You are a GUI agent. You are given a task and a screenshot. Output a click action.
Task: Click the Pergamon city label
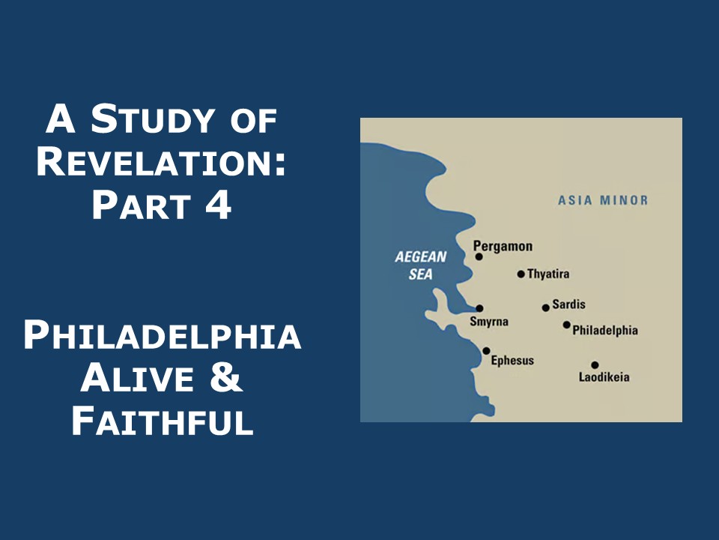pos(503,246)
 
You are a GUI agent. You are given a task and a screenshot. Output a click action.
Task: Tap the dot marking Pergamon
pos(479,256)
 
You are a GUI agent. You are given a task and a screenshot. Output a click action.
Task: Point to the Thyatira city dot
pos(521,274)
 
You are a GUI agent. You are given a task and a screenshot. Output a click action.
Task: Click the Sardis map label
pos(568,305)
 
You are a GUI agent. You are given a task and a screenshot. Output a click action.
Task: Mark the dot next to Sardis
pos(546,307)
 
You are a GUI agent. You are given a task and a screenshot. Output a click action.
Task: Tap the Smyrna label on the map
pos(489,322)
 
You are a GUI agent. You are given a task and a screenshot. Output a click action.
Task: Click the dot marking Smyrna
pos(479,308)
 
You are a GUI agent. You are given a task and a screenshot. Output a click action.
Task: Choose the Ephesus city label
pos(512,361)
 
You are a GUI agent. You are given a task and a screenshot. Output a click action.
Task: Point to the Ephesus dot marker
pos(486,351)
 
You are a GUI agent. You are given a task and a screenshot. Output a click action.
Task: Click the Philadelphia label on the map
pos(605,330)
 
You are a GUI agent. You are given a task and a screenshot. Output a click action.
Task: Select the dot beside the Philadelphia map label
pos(567,325)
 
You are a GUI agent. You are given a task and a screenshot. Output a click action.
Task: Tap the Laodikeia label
pos(604,377)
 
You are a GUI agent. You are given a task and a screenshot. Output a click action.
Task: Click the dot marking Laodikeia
pos(595,365)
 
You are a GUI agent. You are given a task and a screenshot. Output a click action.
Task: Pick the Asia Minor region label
pos(603,200)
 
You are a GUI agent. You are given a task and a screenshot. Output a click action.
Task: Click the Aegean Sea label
pos(421,265)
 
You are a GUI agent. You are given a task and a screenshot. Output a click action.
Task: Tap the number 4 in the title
pos(216,205)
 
